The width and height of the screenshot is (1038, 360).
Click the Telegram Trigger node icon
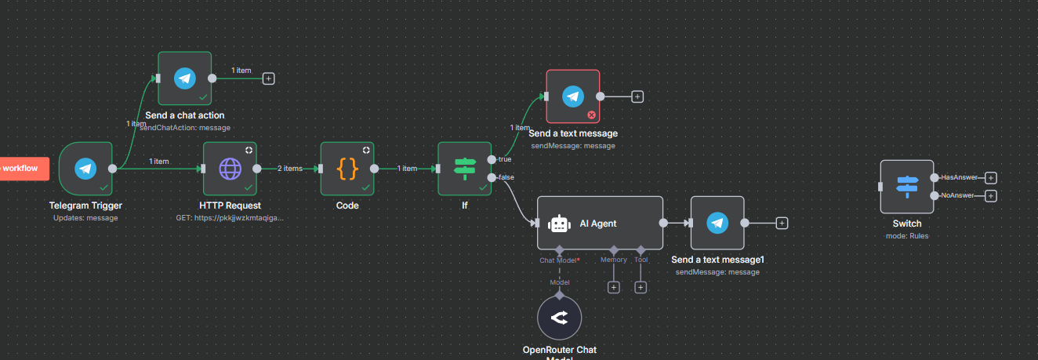[85, 168]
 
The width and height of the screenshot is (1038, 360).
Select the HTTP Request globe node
[230, 168]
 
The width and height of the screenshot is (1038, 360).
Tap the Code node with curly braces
[347, 168]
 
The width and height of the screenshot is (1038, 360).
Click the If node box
[464, 168]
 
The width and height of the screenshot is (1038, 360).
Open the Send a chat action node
[184, 78]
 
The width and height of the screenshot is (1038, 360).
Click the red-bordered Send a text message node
[573, 96]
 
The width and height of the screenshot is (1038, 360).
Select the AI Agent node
[600, 224]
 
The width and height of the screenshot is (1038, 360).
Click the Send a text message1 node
[717, 224]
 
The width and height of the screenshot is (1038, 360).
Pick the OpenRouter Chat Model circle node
[559, 318]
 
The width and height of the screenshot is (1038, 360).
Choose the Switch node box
[906, 187]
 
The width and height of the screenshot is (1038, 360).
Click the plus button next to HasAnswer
[990, 178]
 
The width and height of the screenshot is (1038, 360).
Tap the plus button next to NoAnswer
[990, 195]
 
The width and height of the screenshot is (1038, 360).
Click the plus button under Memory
[614, 287]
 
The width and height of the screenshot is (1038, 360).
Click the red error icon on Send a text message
[591, 115]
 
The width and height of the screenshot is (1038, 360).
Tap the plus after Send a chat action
[268, 78]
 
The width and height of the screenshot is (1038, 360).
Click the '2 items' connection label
[290, 169]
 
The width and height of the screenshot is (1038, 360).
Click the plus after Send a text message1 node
[782, 224]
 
